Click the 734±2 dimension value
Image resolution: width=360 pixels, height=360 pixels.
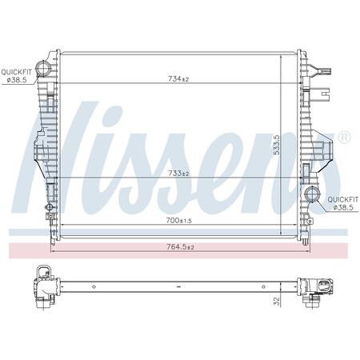pos(178,78)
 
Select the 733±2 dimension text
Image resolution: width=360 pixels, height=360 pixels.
pos(178,174)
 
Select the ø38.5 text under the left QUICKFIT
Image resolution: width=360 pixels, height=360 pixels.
pos(17,79)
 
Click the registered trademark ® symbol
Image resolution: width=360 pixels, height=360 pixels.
pos(345,138)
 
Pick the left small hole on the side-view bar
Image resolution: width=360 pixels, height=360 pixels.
pos(94,286)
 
